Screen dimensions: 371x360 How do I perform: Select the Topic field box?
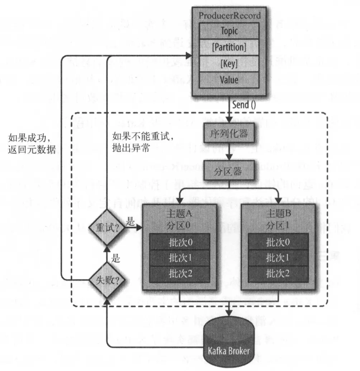(229, 31)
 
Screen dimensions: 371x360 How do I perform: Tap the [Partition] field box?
(229, 47)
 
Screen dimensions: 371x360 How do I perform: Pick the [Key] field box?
(229, 64)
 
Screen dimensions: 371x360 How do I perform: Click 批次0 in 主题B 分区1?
(278, 242)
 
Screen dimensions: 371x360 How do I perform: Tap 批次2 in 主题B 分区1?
(278, 274)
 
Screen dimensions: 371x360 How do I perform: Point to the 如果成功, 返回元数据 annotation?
(32, 143)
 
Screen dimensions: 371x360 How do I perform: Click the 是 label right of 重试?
(130, 222)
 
